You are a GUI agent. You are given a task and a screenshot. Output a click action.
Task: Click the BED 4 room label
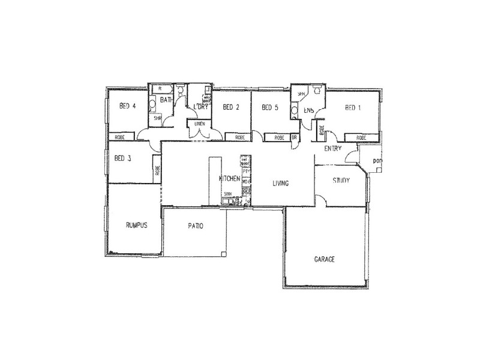coord(128,107)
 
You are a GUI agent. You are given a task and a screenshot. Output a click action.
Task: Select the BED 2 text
coord(231,108)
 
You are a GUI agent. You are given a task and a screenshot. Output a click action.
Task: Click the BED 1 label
coord(353,108)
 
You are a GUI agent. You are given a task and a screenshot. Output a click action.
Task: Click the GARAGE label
coord(324,260)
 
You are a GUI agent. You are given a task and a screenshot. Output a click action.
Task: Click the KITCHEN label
coord(230,179)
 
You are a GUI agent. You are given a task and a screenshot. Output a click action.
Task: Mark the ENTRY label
coord(332,148)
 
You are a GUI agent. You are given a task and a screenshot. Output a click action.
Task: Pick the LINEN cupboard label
coord(200,124)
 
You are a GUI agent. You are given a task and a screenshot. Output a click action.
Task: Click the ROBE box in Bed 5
coord(279,137)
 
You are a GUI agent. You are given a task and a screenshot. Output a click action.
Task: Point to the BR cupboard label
coord(295,137)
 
